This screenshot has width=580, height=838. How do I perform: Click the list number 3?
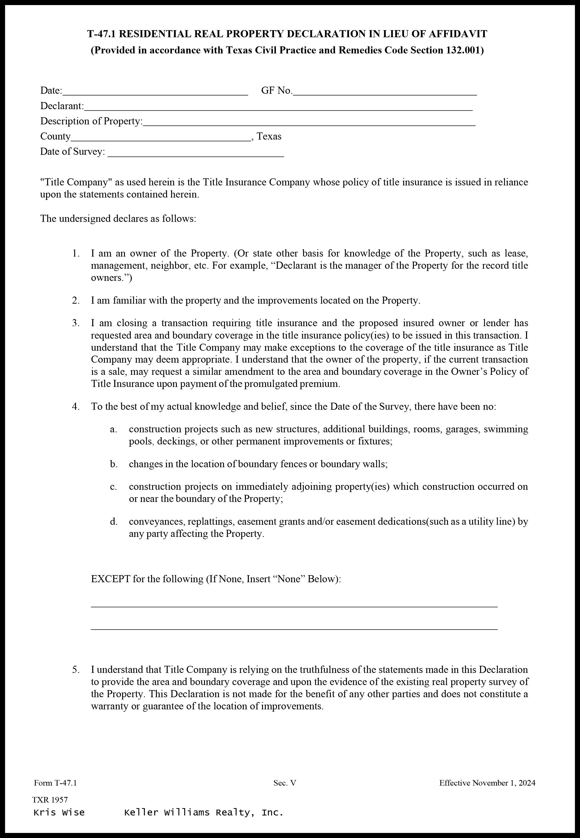(x=76, y=323)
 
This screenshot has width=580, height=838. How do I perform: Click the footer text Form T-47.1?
(x=55, y=783)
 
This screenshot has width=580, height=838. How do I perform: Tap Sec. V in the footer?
(x=285, y=783)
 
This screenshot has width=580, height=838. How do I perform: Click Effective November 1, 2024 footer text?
(x=487, y=783)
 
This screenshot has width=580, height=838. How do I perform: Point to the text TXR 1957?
(x=50, y=800)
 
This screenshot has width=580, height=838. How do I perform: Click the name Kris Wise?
(x=59, y=813)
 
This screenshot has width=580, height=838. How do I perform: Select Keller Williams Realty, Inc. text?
(x=203, y=813)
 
